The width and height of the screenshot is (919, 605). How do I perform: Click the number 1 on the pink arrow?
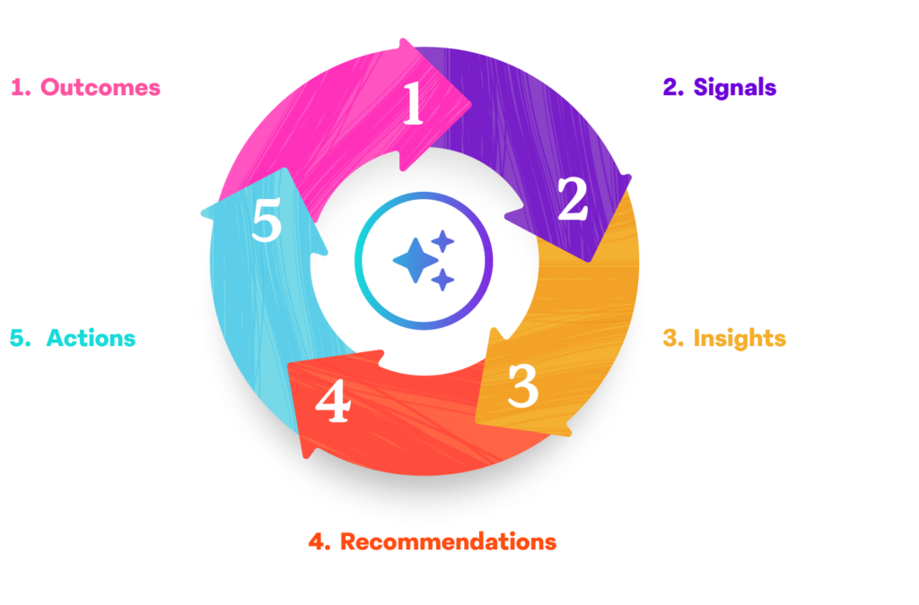413,106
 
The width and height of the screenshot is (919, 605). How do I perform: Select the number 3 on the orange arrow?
522,386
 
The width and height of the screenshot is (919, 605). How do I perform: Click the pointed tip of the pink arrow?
470,99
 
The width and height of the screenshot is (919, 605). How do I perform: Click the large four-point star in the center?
416,260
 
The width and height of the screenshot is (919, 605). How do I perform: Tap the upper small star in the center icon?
442,240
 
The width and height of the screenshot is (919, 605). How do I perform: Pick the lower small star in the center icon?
442,281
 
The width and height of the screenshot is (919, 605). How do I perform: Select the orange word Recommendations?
447,542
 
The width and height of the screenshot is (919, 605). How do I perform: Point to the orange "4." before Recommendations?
317,542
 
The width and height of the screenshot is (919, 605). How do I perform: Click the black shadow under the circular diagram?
422,502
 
